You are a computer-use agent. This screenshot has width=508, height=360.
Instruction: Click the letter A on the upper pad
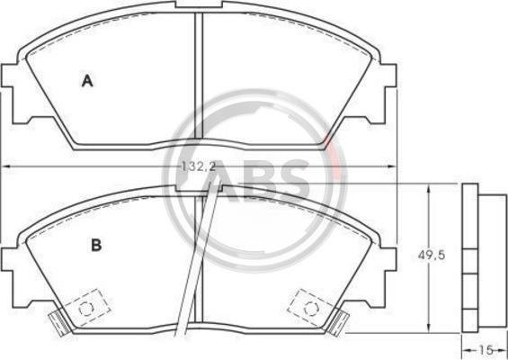[x=87, y=81]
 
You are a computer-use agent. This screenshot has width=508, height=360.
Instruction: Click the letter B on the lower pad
[x=96, y=245]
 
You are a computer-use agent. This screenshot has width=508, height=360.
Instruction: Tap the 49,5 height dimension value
[x=432, y=256]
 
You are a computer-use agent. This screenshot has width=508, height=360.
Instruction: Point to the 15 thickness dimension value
[x=486, y=349]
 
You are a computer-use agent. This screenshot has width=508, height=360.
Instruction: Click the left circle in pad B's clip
[x=86, y=308]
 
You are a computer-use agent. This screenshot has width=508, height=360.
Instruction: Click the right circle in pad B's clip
[x=311, y=308]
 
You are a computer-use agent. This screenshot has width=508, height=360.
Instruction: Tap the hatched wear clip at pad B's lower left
[x=59, y=322]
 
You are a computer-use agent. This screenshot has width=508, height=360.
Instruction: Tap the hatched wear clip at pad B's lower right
[x=339, y=322]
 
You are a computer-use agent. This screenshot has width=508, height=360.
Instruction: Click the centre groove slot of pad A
[x=199, y=76]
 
